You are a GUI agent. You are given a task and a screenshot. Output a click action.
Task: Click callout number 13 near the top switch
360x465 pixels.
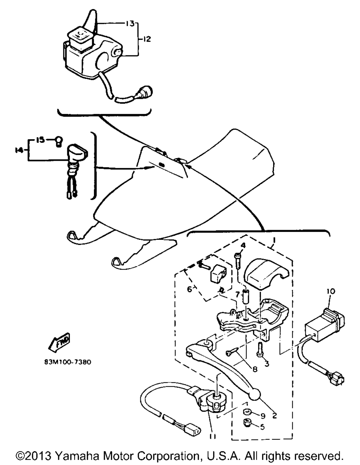129,23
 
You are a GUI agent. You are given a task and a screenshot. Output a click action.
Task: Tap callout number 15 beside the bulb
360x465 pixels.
40,140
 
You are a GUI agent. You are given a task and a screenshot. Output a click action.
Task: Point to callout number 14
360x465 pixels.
19,150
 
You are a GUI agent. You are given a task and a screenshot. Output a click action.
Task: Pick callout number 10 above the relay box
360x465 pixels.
331,291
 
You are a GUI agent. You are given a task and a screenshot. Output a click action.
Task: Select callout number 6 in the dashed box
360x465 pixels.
189,290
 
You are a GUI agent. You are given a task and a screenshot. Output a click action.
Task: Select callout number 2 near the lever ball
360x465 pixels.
274,415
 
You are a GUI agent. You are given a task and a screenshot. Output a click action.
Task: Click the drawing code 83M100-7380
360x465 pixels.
68,362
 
